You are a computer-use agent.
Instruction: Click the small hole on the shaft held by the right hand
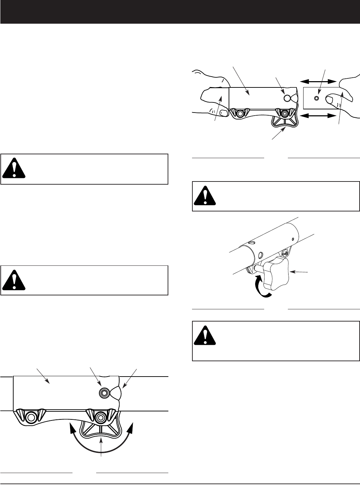coord(316,99)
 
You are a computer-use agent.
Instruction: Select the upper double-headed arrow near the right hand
coord(319,81)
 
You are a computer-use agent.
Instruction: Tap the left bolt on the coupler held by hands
coord(239,113)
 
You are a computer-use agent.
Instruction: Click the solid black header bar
coord(180,12)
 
